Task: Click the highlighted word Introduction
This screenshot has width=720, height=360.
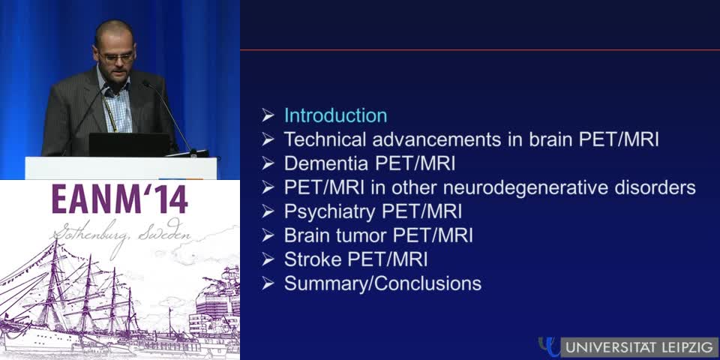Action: click(335, 115)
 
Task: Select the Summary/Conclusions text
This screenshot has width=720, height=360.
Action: click(382, 283)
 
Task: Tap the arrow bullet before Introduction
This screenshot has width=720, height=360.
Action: click(268, 115)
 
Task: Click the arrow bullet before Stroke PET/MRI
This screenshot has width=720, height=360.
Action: click(268, 259)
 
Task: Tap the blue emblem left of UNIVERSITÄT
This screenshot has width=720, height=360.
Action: click(549, 346)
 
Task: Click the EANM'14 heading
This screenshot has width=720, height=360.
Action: click(120, 199)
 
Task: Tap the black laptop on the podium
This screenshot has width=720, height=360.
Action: click(129, 144)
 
